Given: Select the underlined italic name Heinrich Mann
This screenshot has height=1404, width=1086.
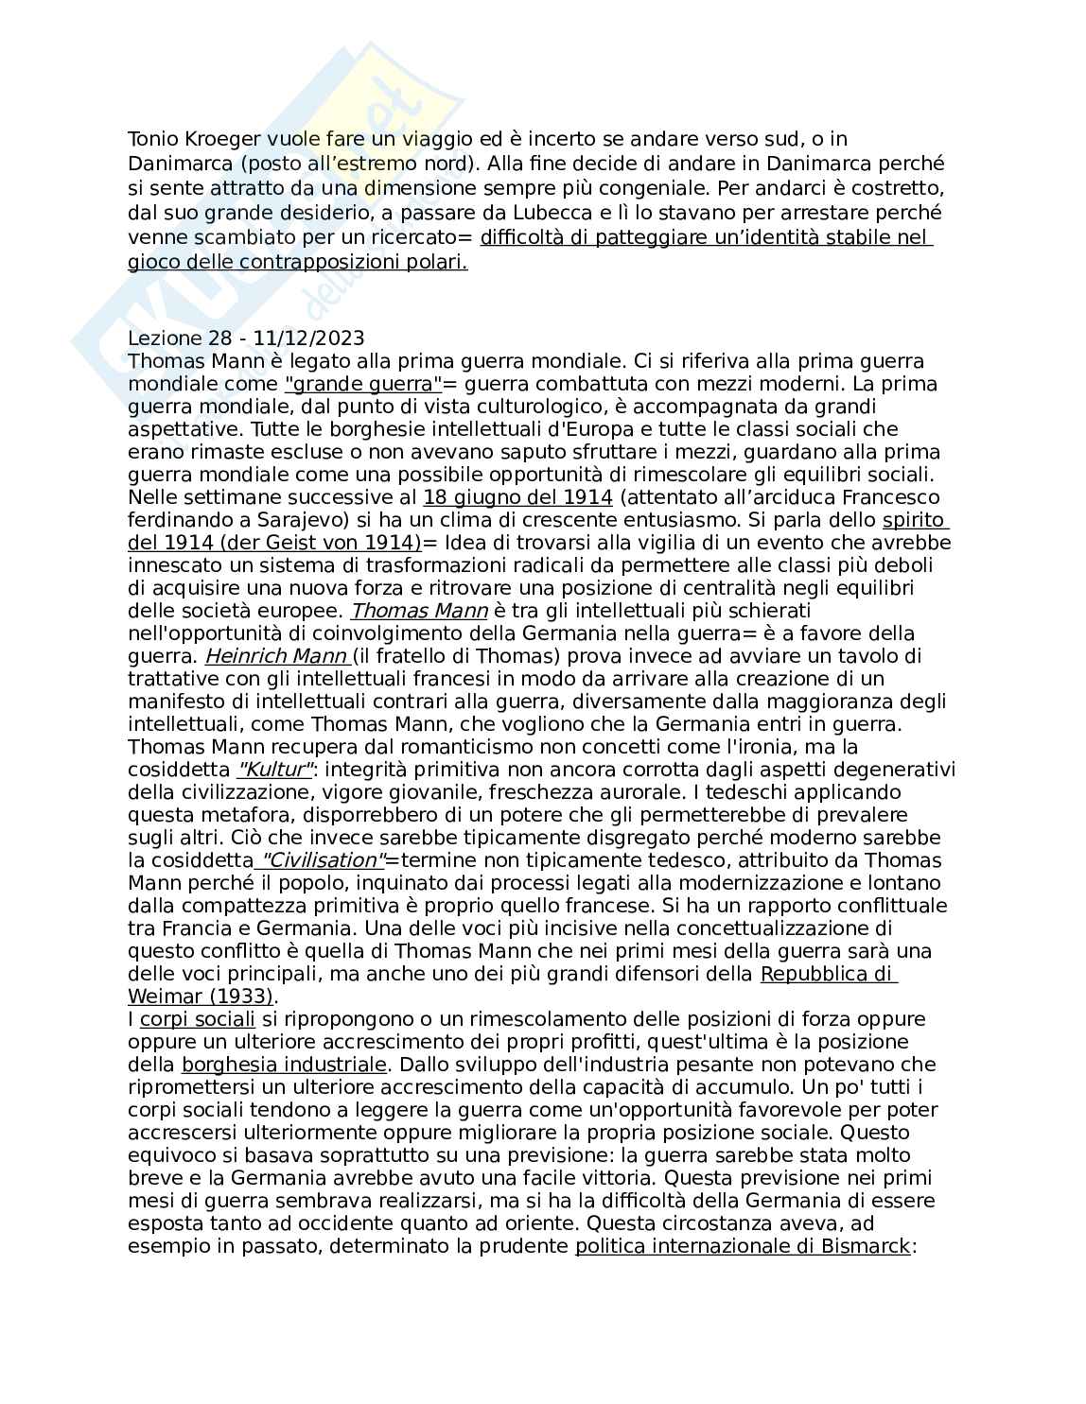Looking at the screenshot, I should click(x=277, y=656).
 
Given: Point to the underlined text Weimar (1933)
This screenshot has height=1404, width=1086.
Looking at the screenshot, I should click(x=201, y=997).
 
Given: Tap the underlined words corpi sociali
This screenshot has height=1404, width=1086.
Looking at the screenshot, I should click(x=197, y=1019).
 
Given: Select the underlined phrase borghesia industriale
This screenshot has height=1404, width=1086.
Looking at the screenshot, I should click(x=284, y=1065).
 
